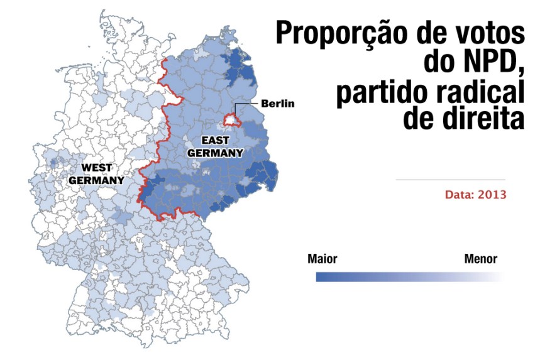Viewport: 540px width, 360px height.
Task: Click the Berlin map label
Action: (x=277, y=103)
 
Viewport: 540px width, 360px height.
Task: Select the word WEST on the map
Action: (x=97, y=168)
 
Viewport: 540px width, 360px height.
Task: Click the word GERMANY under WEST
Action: (x=96, y=180)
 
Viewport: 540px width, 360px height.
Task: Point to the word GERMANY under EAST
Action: (x=216, y=152)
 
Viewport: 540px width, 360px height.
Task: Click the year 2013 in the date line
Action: (x=491, y=195)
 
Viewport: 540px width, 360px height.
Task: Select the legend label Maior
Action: (x=322, y=259)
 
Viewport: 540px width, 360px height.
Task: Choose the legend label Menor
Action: (x=481, y=259)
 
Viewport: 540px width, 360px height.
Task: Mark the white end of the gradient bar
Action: (x=500, y=276)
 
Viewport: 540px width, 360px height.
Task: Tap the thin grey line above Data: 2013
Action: (x=450, y=180)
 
